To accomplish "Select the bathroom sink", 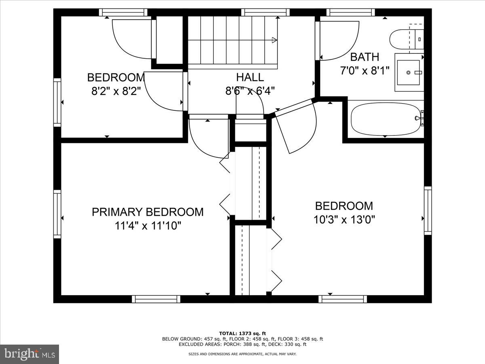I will (409, 72).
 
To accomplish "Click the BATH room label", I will (365, 57).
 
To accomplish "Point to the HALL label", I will (250, 77).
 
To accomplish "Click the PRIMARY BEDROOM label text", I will (148, 212).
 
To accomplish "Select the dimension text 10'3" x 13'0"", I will (344, 220).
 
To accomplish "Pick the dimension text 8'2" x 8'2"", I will (116, 91).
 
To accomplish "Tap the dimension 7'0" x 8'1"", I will (365, 71).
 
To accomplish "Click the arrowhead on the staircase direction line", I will (274, 40).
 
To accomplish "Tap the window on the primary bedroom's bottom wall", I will (156, 299).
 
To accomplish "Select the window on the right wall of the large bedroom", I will (428, 210).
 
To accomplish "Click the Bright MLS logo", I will (30, 354).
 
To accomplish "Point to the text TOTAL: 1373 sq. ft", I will (242, 333).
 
